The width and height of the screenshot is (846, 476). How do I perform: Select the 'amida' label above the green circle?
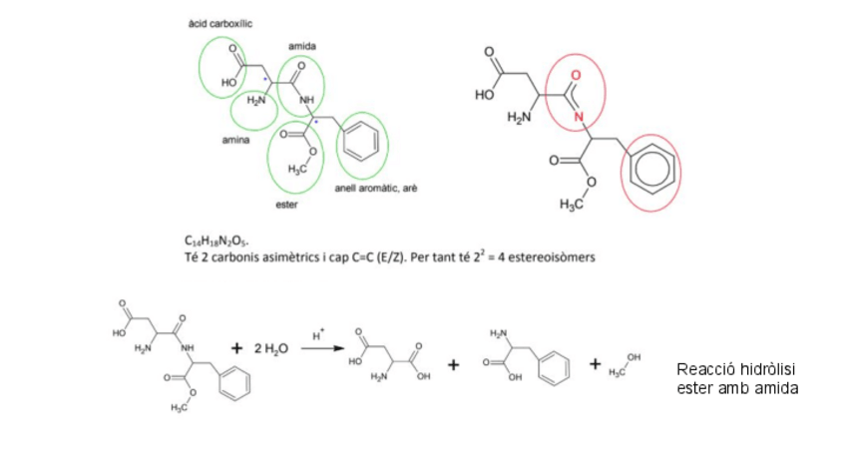[300, 47]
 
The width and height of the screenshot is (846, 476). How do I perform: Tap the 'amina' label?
[235, 140]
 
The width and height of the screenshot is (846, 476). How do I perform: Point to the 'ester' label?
[286, 205]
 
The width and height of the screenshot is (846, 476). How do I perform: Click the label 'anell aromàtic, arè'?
[375, 188]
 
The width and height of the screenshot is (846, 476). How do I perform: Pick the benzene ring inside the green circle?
[361, 142]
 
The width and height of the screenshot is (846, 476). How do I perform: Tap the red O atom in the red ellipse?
[576, 75]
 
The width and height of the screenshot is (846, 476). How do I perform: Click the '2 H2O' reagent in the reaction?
[270, 348]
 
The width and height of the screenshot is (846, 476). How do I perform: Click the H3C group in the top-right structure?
[570, 205]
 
